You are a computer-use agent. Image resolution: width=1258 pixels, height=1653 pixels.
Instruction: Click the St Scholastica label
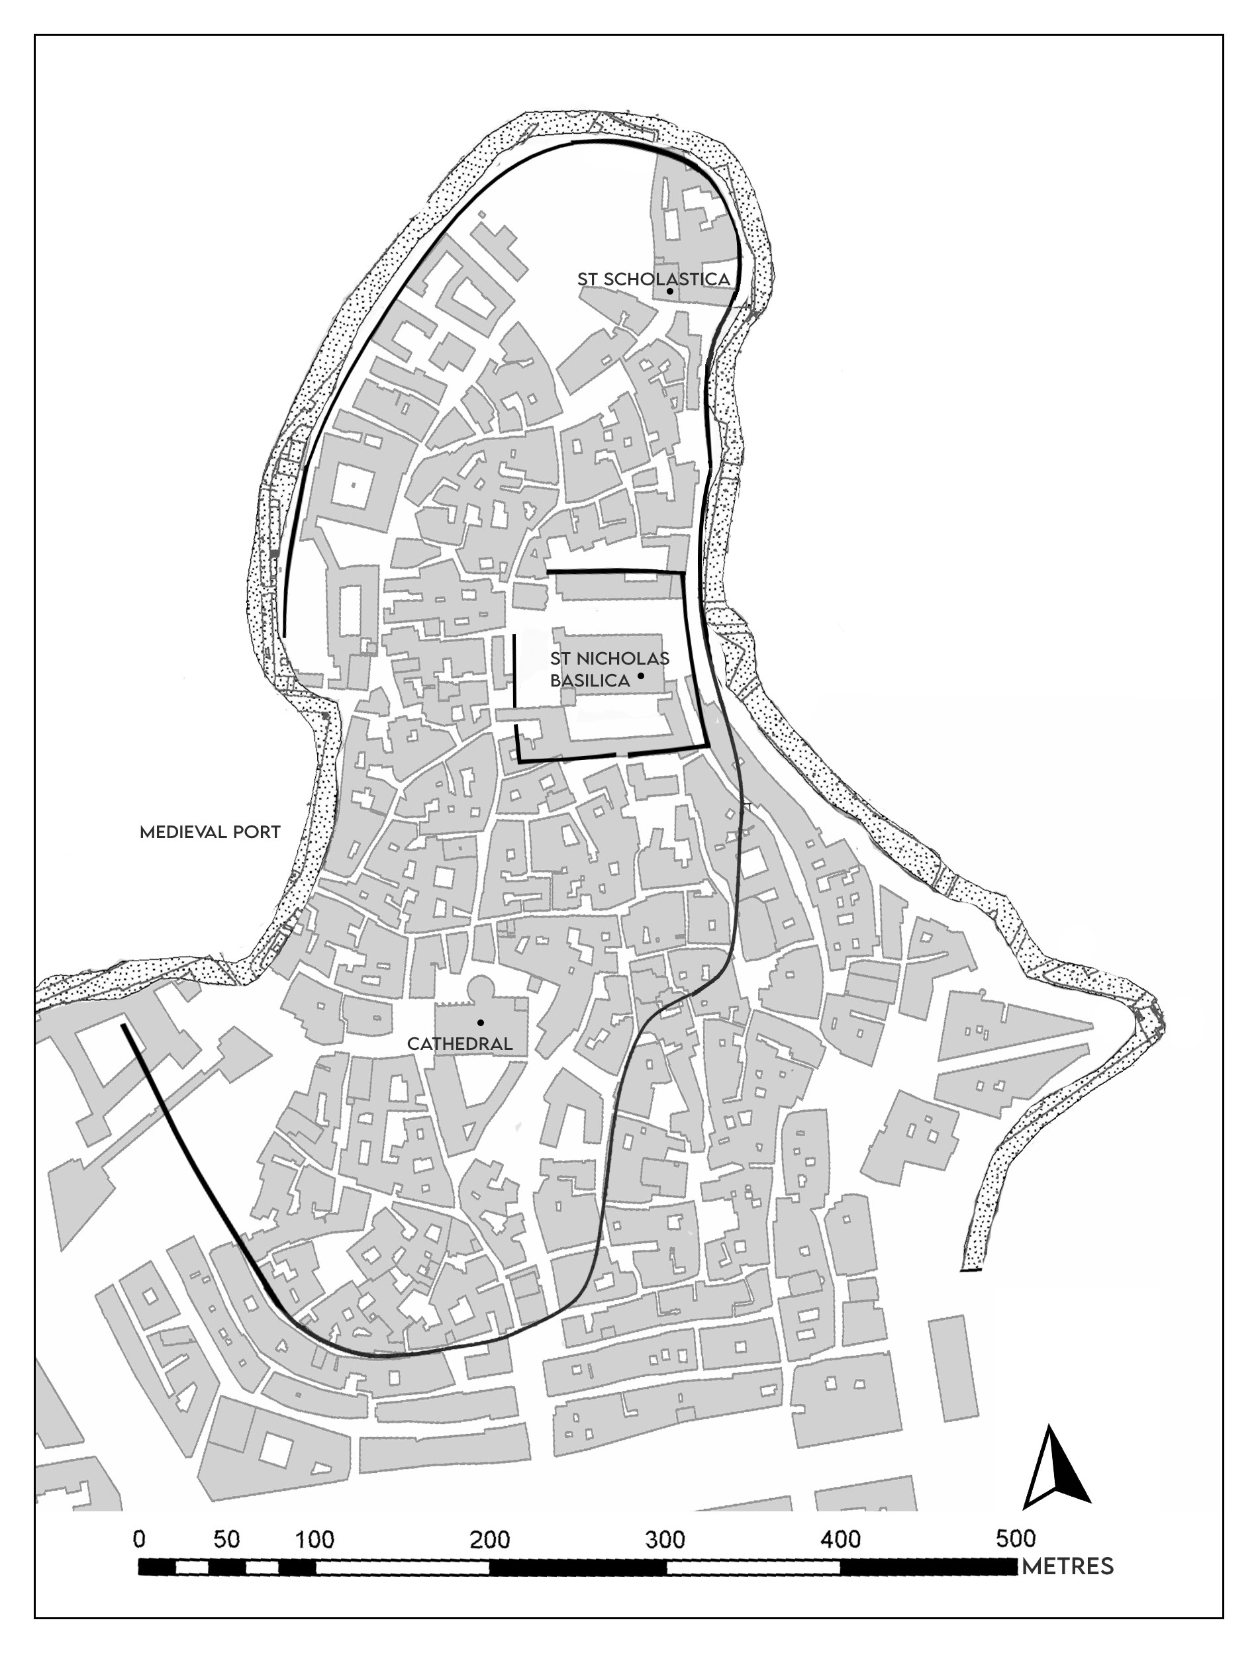[x=653, y=279]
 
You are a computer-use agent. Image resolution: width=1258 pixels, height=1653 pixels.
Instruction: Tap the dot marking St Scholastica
[x=670, y=291]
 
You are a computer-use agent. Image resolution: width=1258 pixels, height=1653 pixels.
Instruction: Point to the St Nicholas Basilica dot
[x=641, y=676]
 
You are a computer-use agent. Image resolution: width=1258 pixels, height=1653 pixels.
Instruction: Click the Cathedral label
[x=460, y=1043]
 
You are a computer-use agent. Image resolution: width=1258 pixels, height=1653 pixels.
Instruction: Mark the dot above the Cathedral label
[x=480, y=1023]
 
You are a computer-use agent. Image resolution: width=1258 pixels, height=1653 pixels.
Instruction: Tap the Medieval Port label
[x=210, y=833]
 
